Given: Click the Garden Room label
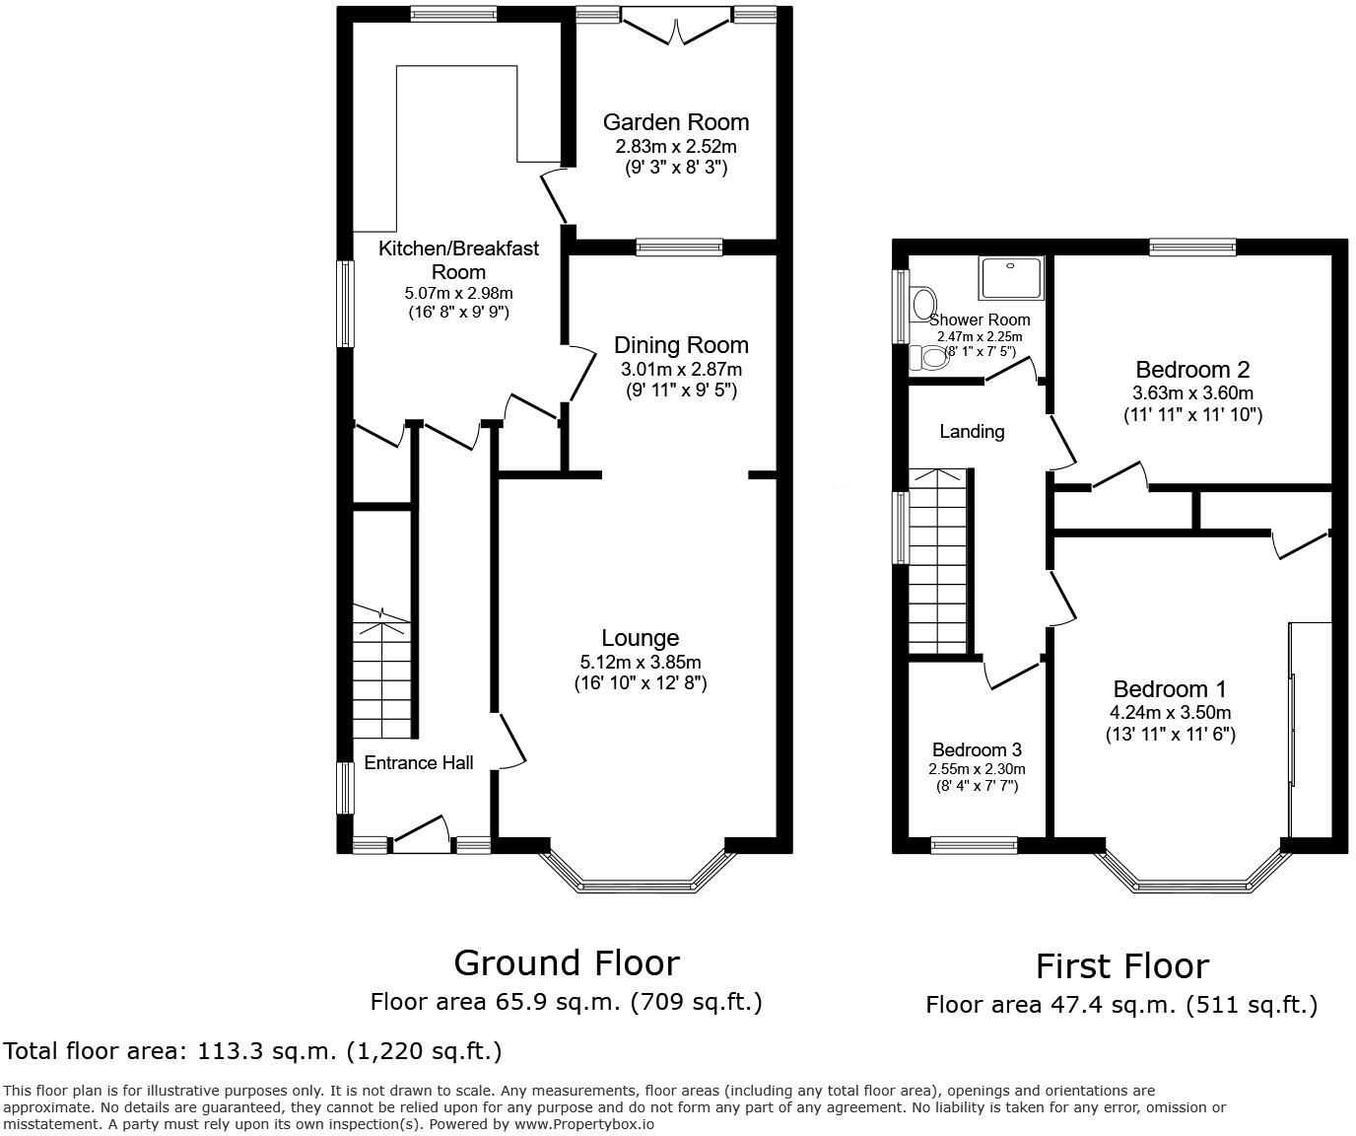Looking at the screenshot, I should coord(676,122).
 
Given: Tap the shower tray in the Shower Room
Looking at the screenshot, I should coord(1010,278).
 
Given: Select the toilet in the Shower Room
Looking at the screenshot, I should coord(928,357).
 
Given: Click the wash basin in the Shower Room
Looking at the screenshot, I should coord(923,301).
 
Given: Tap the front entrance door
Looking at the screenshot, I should coord(422,834).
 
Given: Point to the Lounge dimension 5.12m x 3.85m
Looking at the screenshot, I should coord(641,663).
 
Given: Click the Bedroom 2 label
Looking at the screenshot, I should coord(1192,370).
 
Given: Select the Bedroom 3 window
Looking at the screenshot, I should coord(975,844).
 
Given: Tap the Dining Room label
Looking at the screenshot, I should coord(681,345).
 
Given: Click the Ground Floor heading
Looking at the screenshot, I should coord(566,962).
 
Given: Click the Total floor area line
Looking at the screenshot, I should coord(253,1051).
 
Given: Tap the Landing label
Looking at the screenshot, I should coord(972,432).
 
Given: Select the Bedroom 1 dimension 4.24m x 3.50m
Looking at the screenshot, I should coord(1170,713).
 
